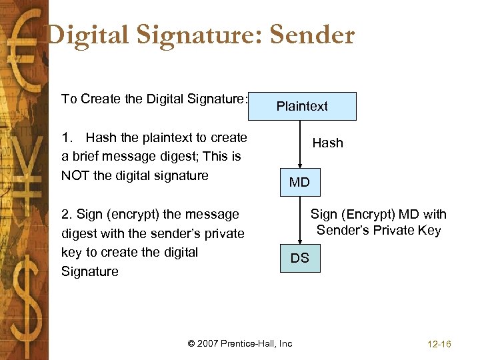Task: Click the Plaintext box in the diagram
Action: pyautogui.click(x=302, y=106)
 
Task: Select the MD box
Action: pyautogui.click(x=299, y=182)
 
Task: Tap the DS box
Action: pyautogui.click(x=299, y=258)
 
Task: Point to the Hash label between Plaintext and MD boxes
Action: pyautogui.click(x=327, y=143)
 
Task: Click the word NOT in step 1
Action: pyautogui.click(x=77, y=176)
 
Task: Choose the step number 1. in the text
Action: pyautogui.click(x=67, y=138)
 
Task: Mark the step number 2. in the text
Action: pyautogui.click(x=66, y=215)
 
